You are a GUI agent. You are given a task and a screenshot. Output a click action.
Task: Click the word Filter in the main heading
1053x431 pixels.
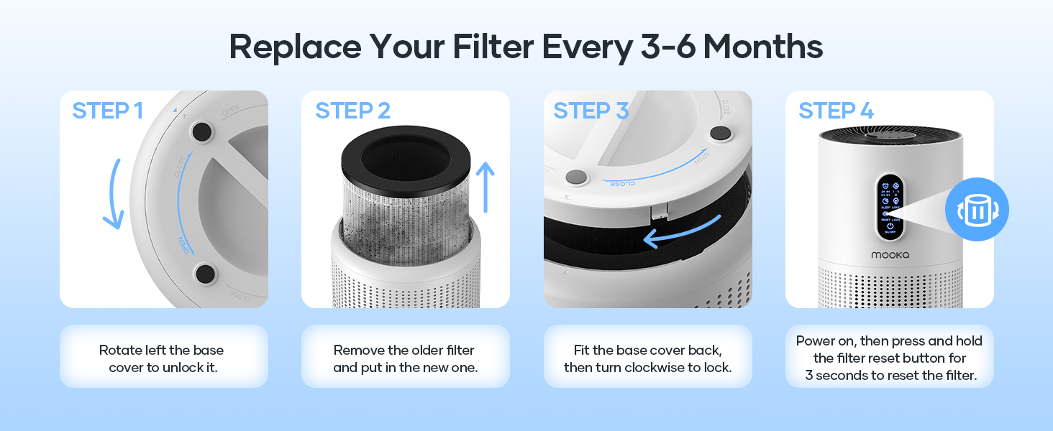click(493, 47)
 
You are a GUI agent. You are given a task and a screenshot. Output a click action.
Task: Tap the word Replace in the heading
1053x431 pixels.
click(295, 47)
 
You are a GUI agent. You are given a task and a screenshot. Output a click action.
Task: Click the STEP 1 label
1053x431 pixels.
click(107, 111)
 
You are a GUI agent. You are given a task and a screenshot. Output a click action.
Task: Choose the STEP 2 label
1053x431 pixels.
click(352, 111)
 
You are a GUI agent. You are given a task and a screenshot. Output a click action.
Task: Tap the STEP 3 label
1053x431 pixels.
click(591, 111)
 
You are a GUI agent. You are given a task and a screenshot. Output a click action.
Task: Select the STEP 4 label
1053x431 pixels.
click(836, 111)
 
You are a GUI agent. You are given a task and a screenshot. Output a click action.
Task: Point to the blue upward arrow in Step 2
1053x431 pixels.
click(486, 187)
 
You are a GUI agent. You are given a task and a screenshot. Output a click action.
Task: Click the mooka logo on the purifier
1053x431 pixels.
click(890, 254)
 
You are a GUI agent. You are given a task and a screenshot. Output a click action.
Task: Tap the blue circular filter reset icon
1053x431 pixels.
click(976, 210)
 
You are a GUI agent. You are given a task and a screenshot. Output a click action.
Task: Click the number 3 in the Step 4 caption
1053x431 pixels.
click(808, 376)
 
